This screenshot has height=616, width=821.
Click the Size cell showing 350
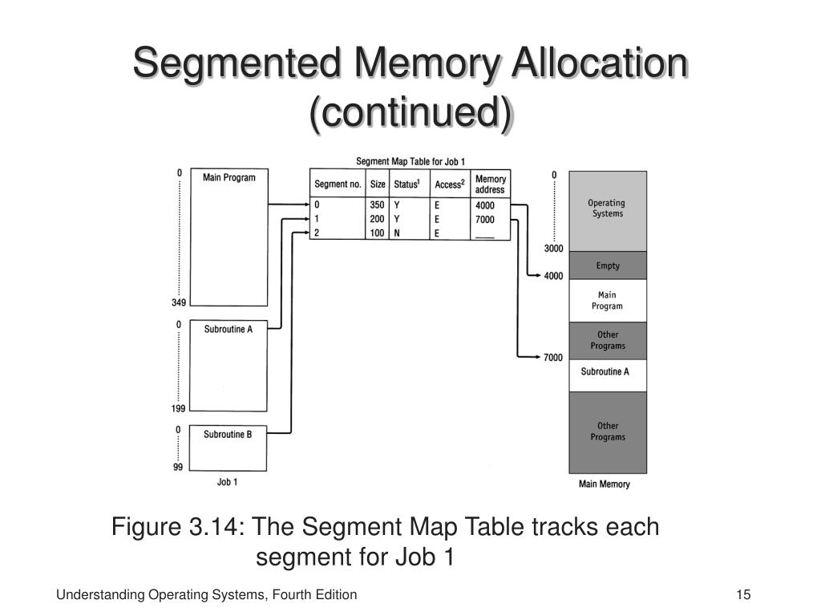pyautogui.click(x=377, y=205)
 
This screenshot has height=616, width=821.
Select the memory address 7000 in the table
pyautogui.click(x=485, y=220)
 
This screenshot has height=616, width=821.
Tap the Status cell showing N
pyautogui.click(x=397, y=233)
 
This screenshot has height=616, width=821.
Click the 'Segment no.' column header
pyautogui.click(x=338, y=184)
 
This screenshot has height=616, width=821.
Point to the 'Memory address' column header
pyautogui.click(x=490, y=184)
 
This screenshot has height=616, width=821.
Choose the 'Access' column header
pyautogui.click(x=449, y=184)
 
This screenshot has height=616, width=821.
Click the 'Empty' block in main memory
pyautogui.click(x=608, y=265)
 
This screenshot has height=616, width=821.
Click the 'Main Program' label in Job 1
pyautogui.click(x=229, y=177)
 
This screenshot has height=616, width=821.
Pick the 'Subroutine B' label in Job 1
pyautogui.click(x=228, y=435)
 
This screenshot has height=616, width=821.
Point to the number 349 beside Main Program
pyautogui.click(x=178, y=303)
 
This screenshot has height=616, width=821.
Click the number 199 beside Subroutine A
pyautogui.click(x=178, y=408)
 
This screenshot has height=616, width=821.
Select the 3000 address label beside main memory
pyautogui.click(x=553, y=249)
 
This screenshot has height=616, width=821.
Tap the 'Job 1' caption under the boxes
pyautogui.click(x=228, y=482)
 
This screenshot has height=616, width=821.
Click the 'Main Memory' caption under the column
pyautogui.click(x=605, y=484)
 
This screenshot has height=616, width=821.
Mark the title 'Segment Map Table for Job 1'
pyautogui.click(x=410, y=161)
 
